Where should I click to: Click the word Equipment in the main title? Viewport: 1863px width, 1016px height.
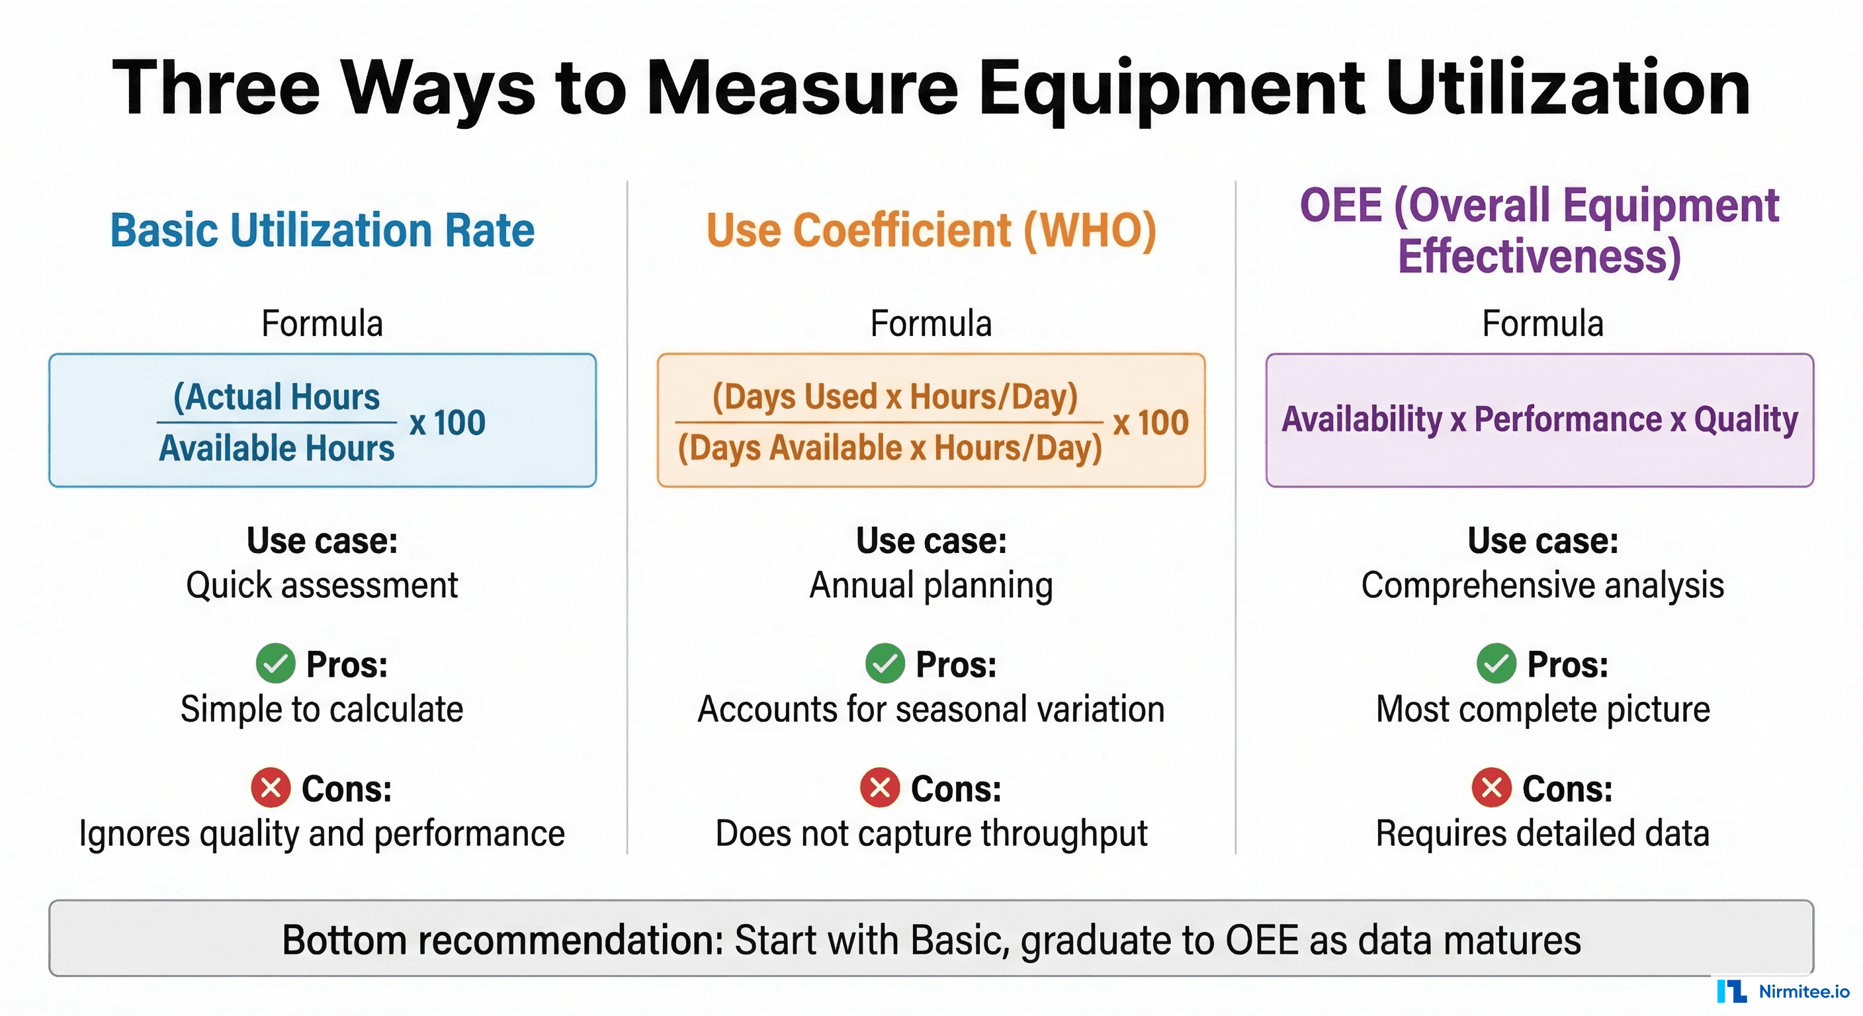(x=1172, y=91)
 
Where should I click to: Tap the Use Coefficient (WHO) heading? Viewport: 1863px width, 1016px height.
(x=931, y=231)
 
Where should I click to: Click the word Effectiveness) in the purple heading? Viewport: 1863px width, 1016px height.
(x=1539, y=256)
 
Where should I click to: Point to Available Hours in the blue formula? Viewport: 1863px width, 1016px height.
(x=277, y=448)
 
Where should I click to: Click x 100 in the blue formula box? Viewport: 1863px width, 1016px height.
(x=447, y=422)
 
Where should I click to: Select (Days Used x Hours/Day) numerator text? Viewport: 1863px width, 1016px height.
(x=894, y=396)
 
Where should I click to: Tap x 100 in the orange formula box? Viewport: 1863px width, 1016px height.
(x=1150, y=422)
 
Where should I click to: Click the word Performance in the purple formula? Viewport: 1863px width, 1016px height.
(x=1569, y=419)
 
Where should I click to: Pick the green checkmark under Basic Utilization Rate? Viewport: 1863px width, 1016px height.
(x=275, y=663)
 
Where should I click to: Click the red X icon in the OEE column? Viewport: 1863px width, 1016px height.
(x=1491, y=788)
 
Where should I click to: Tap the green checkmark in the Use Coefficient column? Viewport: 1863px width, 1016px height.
(x=885, y=663)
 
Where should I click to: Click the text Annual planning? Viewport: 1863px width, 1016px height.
(x=931, y=585)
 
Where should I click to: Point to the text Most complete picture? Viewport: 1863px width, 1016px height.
(x=1543, y=709)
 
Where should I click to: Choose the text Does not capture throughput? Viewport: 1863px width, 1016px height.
(x=931, y=833)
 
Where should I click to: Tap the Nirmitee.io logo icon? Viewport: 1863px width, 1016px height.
(x=1732, y=991)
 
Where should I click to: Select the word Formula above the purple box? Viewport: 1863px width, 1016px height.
(x=1543, y=323)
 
